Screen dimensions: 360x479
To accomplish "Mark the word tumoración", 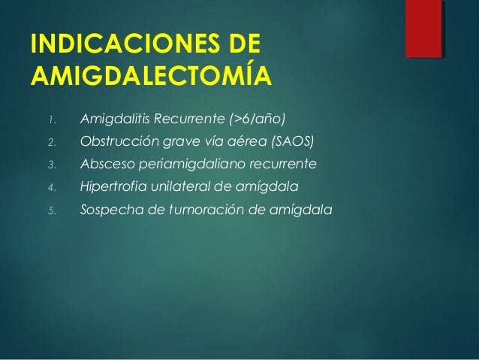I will click(197, 210).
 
